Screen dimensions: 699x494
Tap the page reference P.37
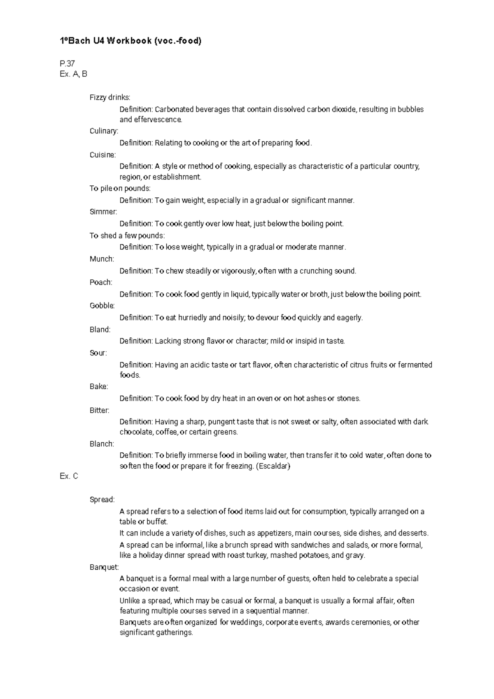coord(67,63)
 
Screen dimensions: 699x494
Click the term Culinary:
coord(104,131)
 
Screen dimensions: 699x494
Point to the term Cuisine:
coord(103,155)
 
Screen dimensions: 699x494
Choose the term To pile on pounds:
coord(120,188)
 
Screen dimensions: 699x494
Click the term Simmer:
coord(103,212)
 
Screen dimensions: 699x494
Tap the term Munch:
coord(102,259)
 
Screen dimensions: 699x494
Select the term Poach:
coord(101,283)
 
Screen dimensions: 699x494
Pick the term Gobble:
coord(102,306)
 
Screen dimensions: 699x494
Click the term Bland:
coord(100,330)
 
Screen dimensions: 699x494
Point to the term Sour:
coord(98,353)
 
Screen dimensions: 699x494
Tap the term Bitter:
coord(100,410)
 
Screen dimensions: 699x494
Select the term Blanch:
coord(102,444)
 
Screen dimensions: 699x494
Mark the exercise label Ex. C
coord(69,476)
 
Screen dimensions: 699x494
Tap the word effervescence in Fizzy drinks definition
coord(158,120)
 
